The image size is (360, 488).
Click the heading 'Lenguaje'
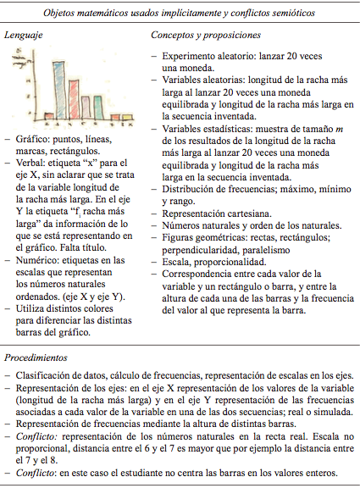pyautogui.click(x=25, y=37)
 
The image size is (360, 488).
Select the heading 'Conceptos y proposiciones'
pyautogui.click(x=205, y=37)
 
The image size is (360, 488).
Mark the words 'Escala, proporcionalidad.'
pyautogui.click(x=212, y=263)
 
